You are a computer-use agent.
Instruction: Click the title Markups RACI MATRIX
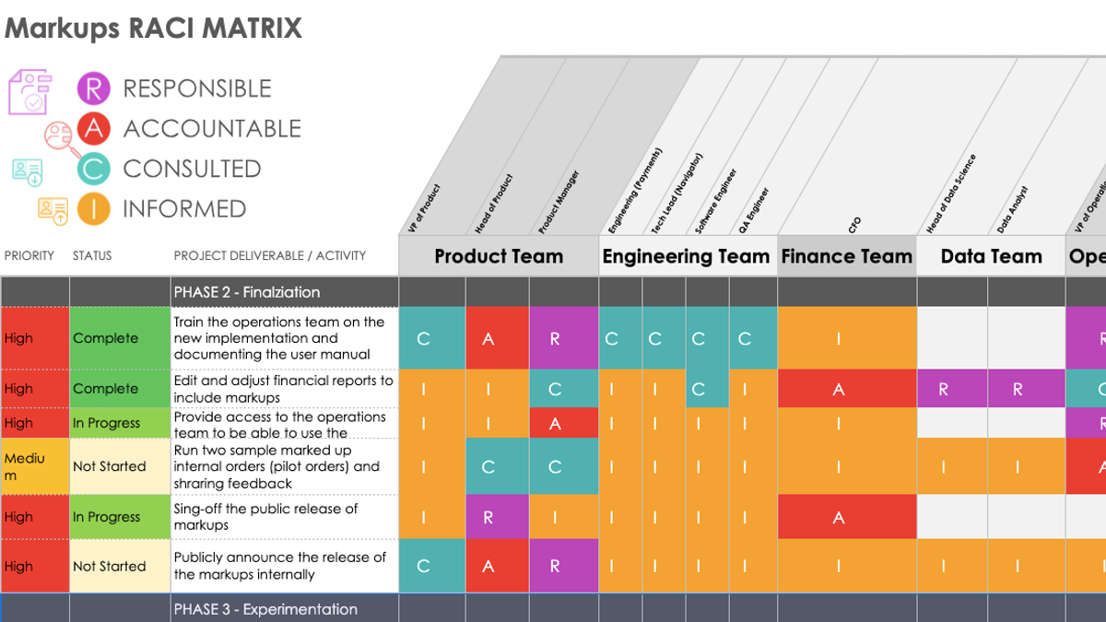[153, 28]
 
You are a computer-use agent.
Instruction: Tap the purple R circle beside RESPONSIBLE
[93, 88]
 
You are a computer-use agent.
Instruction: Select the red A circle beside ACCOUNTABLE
[93, 129]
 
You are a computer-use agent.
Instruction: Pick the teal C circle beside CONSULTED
[93, 169]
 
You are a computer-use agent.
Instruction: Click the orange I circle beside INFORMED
[93, 209]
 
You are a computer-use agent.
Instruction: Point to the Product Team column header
[499, 257]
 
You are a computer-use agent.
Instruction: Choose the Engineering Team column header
[686, 257]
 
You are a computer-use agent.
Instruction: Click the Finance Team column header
[847, 257]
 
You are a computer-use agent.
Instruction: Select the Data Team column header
[991, 257]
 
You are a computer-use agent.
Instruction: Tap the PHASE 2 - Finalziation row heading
[247, 292]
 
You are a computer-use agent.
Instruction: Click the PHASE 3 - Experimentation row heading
[265, 609]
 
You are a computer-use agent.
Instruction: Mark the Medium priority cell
[34, 466]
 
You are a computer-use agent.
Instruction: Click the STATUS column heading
[92, 255]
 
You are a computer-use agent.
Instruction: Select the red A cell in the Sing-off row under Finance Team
[839, 518]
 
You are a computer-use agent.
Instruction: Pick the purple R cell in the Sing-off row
[488, 518]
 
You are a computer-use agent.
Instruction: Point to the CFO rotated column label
[854, 224]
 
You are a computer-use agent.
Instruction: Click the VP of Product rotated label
[424, 209]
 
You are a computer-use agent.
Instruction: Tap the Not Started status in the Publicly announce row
[110, 567]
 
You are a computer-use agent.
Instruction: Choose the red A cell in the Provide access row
[555, 424]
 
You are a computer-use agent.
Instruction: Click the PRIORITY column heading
[29, 255]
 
